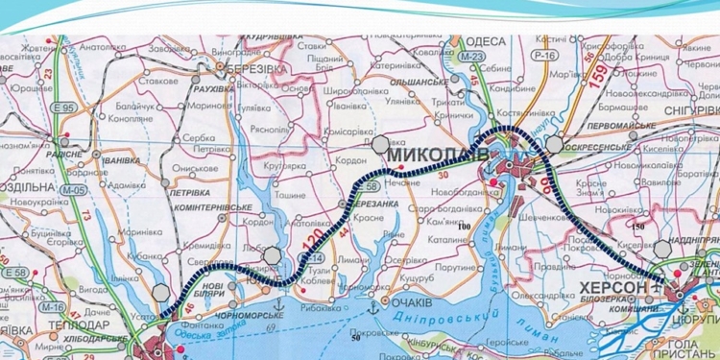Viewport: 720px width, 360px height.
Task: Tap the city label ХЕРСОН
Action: tap(613, 287)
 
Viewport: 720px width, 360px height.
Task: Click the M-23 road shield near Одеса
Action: tap(470, 58)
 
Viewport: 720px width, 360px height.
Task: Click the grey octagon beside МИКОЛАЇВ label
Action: tap(381, 144)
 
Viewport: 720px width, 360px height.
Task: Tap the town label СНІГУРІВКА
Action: tap(684, 111)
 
